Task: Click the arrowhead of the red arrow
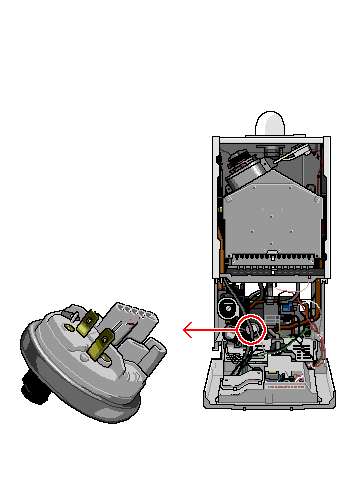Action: coord(187,328)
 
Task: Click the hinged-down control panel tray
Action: coord(267,385)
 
